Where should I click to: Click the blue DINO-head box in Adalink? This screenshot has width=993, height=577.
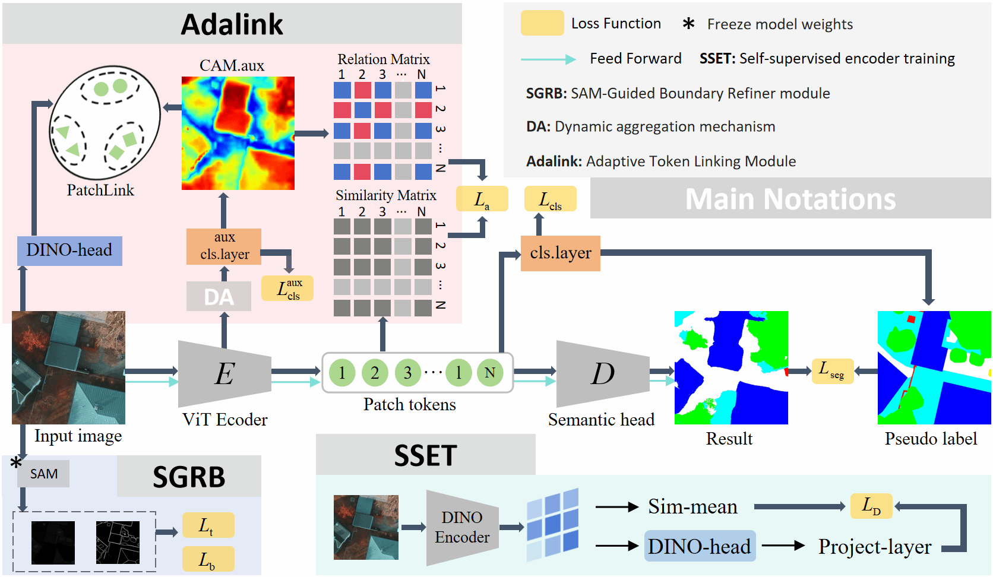pyautogui.click(x=69, y=251)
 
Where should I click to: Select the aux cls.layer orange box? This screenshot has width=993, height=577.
pyautogui.click(x=224, y=246)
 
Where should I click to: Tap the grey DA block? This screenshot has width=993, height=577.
pyautogui.click(x=219, y=297)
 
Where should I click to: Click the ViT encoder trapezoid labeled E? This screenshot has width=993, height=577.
pyautogui.click(x=224, y=374)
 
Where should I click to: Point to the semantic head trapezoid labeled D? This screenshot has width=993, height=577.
pyautogui.click(x=602, y=374)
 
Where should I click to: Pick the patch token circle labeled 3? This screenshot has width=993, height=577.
pyautogui.click(x=407, y=373)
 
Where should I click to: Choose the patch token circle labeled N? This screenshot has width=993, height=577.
pyautogui.click(x=490, y=373)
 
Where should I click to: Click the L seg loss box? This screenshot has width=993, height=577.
pyautogui.click(x=832, y=371)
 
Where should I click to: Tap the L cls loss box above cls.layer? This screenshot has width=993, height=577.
pyautogui.click(x=550, y=199)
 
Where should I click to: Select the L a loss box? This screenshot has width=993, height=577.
pyautogui.click(x=482, y=199)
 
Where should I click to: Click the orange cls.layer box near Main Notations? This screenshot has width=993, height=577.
pyautogui.click(x=560, y=253)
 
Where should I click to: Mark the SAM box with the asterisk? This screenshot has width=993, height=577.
pyautogui.click(x=44, y=474)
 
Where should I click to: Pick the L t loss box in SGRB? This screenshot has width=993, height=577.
pyautogui.click(x=208, y=525)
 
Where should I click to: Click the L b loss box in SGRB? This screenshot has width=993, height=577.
pyautogui.click(x=208, y=559)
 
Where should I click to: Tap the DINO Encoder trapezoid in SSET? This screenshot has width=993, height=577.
pyautogui.click(x=462, y=528)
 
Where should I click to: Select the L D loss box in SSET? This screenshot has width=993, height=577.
pyautogui.click(x=871, y=506)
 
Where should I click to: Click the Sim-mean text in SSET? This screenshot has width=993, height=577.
pyautogui.click(x=692, y=507)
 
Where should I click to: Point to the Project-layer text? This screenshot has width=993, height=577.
pyautogui.click(x=875, y=547)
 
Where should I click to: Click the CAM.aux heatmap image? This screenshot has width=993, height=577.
pyautogui.click(x=238, y=134)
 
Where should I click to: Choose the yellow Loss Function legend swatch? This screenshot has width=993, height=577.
pyautogui.click(x=542, y=23)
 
